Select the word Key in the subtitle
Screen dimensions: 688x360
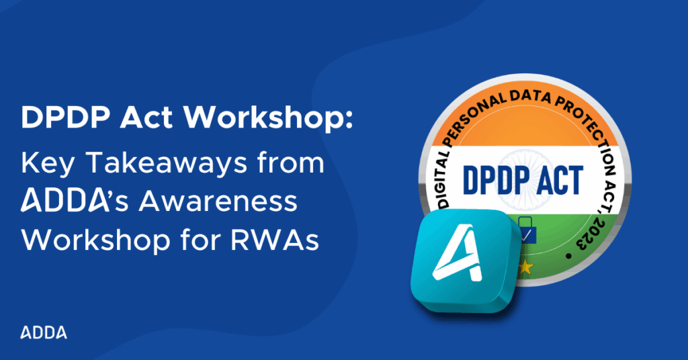pyautogui.click(x=48, y=165)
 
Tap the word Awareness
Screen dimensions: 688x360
pyautogui.click(x=218, y=201)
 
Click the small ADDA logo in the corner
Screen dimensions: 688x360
pyautogui.click(x=44, y=332)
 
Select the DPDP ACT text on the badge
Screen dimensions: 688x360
pyautogui.click(x=523, y=180)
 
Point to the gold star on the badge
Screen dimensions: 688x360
pyautogui.click(x=525, y=267)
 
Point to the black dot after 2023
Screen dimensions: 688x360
pyautogui.click(x=569, y=256)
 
